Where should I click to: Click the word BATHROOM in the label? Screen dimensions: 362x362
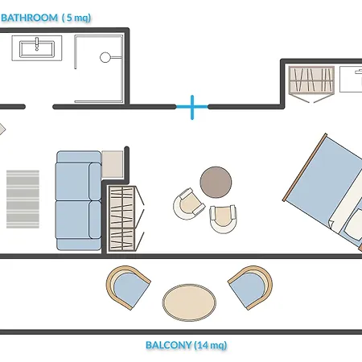[30, 18]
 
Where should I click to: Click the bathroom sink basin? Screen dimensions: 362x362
[37, 49]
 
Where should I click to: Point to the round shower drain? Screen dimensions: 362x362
[105, 57]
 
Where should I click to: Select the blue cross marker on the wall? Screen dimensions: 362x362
[192, 107]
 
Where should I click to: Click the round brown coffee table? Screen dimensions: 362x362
[216, 183]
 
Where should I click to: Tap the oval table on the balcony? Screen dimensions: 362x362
[189, 302]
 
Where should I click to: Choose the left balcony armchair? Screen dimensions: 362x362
[129, 287]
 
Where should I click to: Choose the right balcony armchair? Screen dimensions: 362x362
[250, 287]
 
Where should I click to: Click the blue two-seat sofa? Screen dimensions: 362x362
[79, 200]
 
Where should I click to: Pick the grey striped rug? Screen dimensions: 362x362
[23, 200]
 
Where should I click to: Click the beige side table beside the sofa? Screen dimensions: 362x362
[113, 164]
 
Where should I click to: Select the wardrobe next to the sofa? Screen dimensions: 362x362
[121, 219]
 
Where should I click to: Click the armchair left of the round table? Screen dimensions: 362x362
[189, 204]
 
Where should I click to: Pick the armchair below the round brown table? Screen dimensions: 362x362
[223, 219]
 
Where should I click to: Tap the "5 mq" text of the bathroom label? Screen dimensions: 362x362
[76, 18]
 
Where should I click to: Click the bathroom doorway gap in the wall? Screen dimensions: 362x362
[39, 107]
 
